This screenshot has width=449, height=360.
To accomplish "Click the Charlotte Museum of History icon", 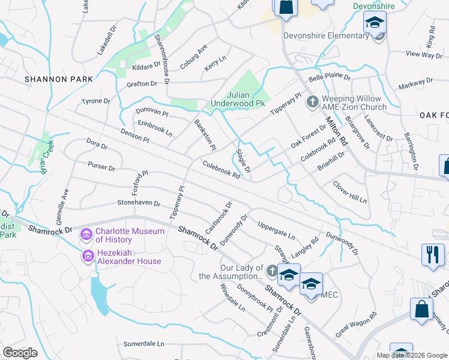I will click(88, 233).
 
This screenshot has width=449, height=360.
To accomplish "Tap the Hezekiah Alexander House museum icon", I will click(88, 257).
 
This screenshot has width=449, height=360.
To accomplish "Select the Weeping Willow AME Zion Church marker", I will click(312, 103).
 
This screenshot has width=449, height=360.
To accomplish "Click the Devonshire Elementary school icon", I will click(375, 23).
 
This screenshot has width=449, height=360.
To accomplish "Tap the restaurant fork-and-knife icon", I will click(433, 254).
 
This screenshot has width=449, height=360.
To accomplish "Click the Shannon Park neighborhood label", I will click(59, 79).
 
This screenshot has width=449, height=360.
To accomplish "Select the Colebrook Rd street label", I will click(221, 170).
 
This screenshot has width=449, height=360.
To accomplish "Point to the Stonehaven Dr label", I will click(139, 203).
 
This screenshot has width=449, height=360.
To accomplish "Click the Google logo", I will click(20, 353).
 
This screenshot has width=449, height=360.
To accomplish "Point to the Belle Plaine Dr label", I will click(329, 79).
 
